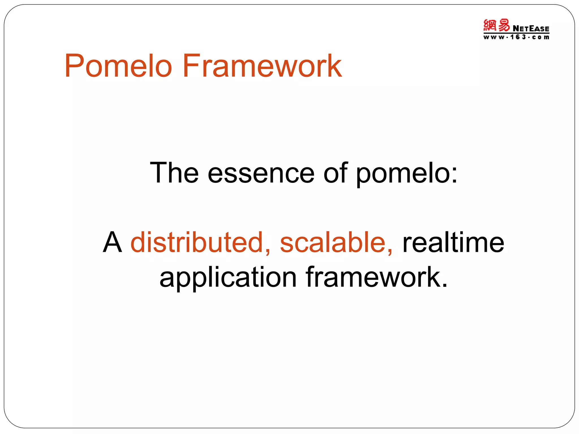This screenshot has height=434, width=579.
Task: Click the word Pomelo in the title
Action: point(118,66)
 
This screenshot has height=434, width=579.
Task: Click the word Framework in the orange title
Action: point(262,66)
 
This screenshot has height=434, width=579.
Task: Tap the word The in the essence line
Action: point(174,173)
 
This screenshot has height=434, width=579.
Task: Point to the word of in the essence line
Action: point(335,173)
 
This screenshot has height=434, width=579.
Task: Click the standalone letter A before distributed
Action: point(113,242)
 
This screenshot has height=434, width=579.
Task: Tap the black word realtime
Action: point(453,242)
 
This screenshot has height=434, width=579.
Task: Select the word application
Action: point(228,278)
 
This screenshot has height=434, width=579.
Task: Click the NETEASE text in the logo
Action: point(531,29)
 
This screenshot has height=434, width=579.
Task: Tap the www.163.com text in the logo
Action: point(516,37)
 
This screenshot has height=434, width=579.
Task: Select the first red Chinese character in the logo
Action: point(490,25)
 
